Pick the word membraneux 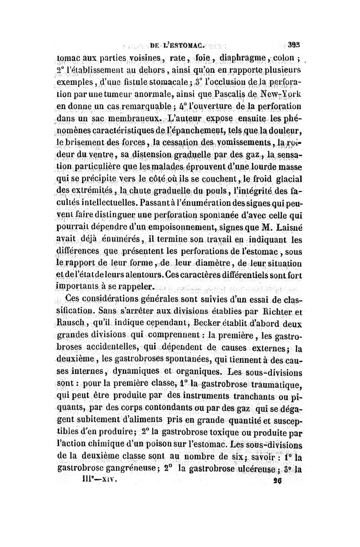coord(131,120)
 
